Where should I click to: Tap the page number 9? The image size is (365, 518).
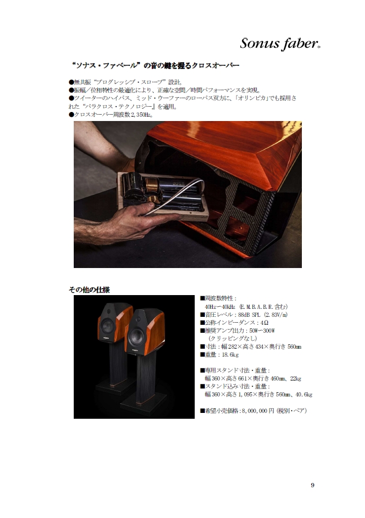click(312, 485)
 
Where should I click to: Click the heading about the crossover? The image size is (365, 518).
click(155, 65)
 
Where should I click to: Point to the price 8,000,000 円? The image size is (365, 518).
click(258, 411)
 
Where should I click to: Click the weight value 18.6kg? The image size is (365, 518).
click(230, 355)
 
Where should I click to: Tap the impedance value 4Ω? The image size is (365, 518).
click(264, 323)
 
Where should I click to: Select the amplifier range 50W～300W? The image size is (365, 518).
click(262, 330)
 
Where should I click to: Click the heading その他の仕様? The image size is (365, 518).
click(89, 290)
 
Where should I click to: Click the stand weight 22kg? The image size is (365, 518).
click(296, 378)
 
